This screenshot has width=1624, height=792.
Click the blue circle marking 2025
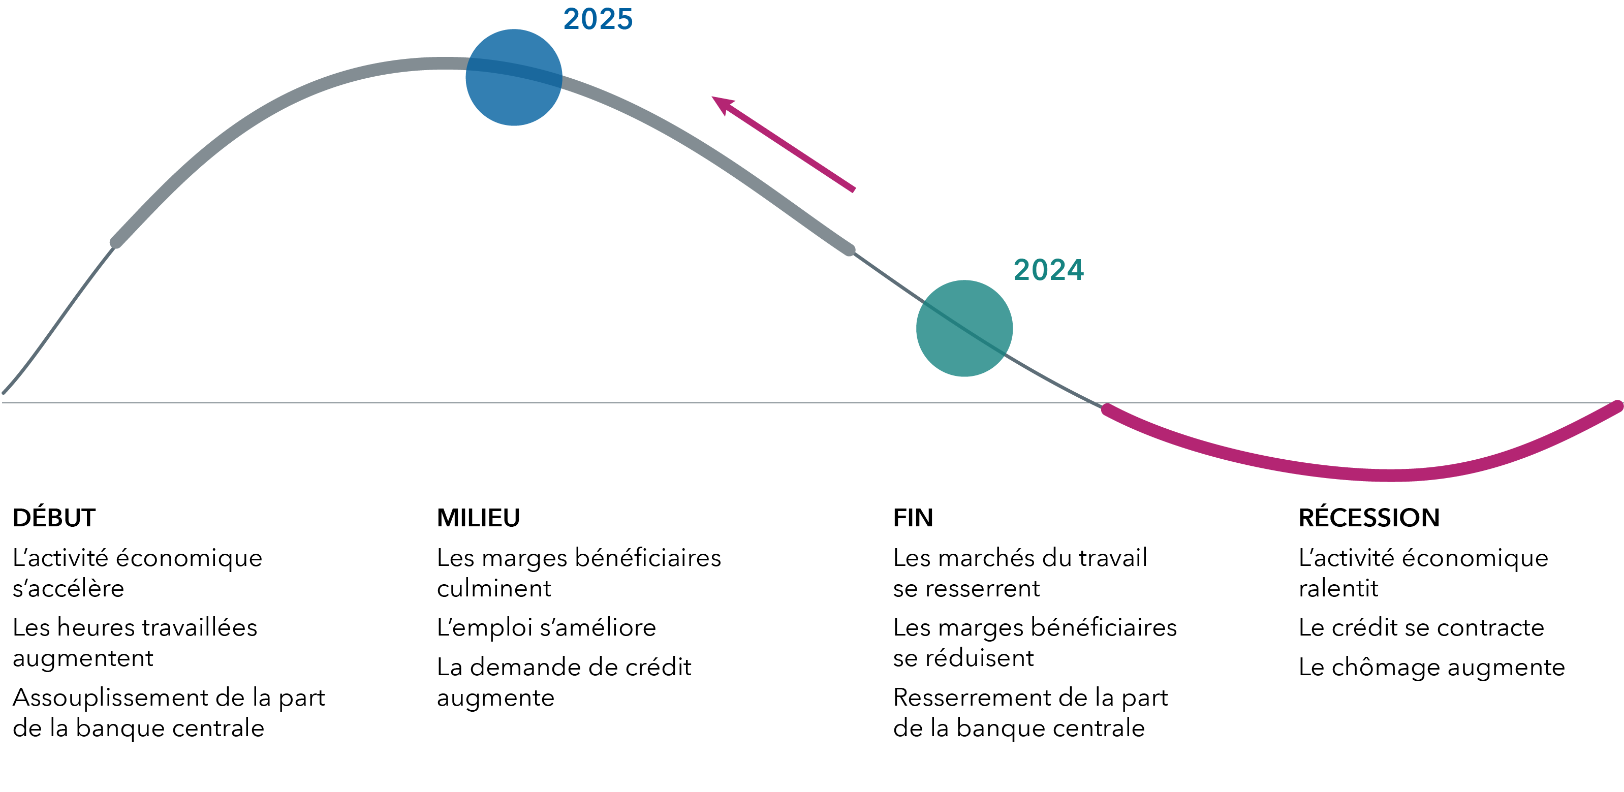(514, 78)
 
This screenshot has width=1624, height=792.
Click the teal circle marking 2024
(964, 328)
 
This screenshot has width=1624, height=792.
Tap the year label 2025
(598, 19)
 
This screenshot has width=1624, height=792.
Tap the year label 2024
(1048, 270)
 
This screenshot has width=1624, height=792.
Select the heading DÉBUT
(54, 518)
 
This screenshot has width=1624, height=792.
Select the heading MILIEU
(479, 518)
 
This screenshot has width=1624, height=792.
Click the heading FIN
(913, 518)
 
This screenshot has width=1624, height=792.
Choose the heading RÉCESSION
(1369, 518)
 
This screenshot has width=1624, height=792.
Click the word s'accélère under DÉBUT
(68, 588)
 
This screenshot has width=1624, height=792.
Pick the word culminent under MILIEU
(493, 588)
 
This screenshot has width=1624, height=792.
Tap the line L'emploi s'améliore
(546, 627)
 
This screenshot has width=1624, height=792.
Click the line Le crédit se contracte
(1421, 627)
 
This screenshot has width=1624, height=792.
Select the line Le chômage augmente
(1431, 667)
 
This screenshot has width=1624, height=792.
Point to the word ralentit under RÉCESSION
(1338, 588)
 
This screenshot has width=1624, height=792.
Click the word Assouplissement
(110, 698)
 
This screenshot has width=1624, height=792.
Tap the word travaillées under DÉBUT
(200, 627)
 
